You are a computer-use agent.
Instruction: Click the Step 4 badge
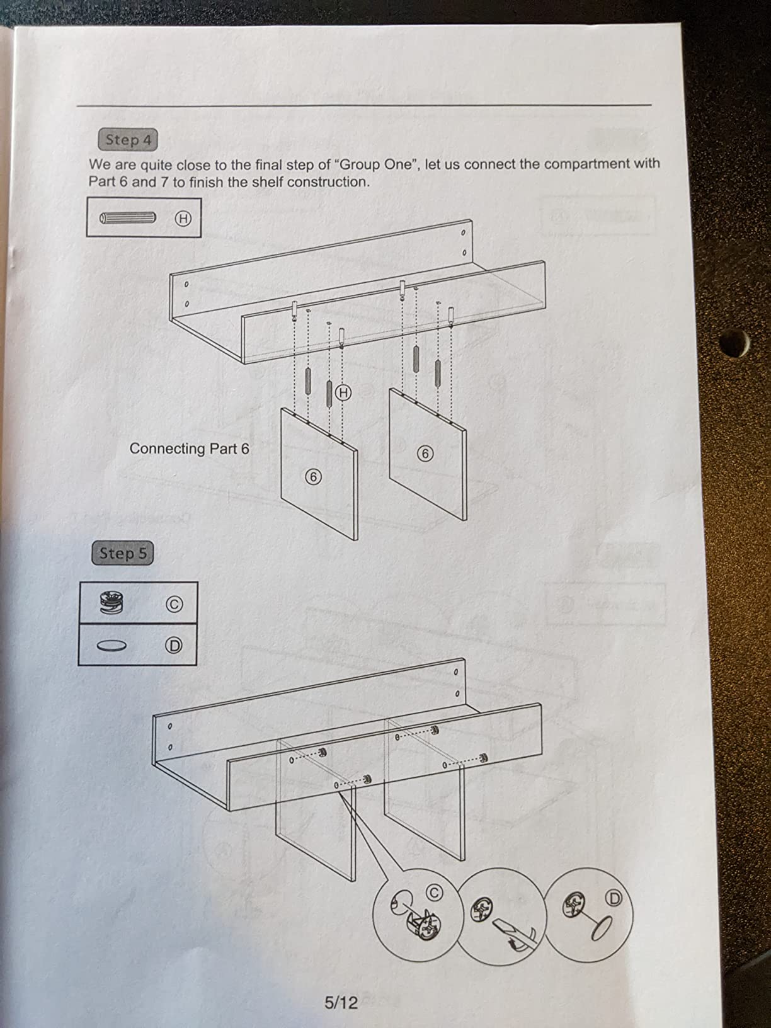point(128,140)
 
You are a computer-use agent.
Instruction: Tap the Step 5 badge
point(123,553)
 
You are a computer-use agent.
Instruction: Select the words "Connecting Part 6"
point(189,448)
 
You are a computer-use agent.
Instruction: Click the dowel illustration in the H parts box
point(127,218)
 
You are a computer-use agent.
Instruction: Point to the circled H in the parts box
point(183,218)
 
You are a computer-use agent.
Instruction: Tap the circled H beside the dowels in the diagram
point(343,392)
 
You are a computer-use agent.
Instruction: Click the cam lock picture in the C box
point(111,602)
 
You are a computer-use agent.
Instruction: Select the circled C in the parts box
point(174,605)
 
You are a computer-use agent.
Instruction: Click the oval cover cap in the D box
point(112,646)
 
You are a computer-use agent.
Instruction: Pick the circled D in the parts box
point(174,646)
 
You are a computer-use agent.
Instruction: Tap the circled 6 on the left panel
point(314,477)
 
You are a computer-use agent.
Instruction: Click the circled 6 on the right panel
point(425,454)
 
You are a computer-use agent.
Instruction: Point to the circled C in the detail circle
point(434,893)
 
